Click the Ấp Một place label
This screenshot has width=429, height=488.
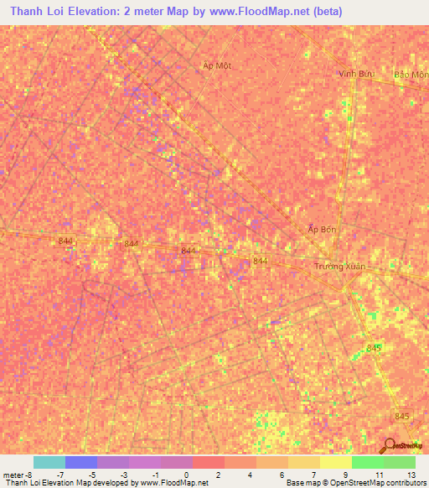[x=216, y=65]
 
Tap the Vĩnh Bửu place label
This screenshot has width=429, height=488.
[x=354, y=74]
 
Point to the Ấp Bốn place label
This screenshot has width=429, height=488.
[x=322, y=229]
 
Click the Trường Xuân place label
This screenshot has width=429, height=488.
[x=340, y=266]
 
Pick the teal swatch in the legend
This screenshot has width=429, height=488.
[x=49, y=462]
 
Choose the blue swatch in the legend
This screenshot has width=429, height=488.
[x=81, y=462]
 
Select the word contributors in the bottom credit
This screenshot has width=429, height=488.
[x=401, y=483]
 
